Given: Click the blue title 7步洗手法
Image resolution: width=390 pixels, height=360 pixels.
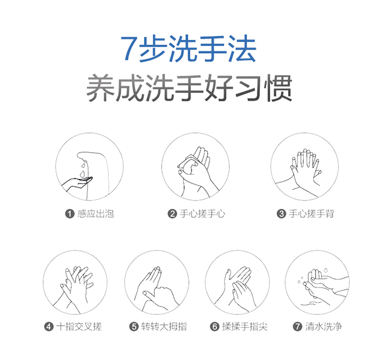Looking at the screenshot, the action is pyautogui.click(x=188, y=48).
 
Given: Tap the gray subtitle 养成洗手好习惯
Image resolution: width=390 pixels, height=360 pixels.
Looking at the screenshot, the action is pyautogui.click(x=189, y=88).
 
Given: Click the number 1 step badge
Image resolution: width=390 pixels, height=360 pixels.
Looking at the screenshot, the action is pyautogui.click(x=70, y=214).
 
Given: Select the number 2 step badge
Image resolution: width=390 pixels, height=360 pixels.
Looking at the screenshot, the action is pyautogui.click(x=172, y=214).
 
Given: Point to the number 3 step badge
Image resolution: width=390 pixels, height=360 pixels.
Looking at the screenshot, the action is pyautogui.click(x=281, y=214).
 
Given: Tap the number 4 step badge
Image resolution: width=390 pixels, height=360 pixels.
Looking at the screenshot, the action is pyautogui.click(x=49, y=326).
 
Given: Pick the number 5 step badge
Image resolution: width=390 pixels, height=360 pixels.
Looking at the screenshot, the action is pyautogui.click(x=134, y=326).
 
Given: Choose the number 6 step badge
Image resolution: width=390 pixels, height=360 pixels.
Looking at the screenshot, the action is pyautogui.click(x=214, y=326).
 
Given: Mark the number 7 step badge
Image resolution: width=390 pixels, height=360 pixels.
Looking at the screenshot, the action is pyautogui.click(x=297, y=326).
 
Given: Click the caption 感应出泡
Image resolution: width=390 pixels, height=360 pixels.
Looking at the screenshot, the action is pyautogui.click(x=96, y=214).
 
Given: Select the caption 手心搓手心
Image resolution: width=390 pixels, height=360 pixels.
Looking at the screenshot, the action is pyautogui.click(x=202, y=214).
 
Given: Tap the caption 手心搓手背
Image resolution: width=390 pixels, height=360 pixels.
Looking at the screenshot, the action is pyautogui.click(x=311, y=214).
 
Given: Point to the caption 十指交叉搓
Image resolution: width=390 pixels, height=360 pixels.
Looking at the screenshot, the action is pyautogui.click(x=79, y=326).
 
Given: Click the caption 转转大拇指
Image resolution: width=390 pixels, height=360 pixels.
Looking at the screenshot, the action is pyautogui.click(x=164, y=326).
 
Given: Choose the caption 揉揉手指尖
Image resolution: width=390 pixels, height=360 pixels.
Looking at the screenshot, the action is pyautogui.click(x=245, y=326).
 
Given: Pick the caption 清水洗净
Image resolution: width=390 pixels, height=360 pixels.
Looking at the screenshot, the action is pyautogui.click(x=323, y=326).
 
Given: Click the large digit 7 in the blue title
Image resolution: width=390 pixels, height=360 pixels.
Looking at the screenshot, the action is pyautogui.click(x=129, y=49).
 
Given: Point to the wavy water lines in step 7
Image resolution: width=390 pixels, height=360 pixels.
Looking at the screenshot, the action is pyautogui.click(x=311, y=303).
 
